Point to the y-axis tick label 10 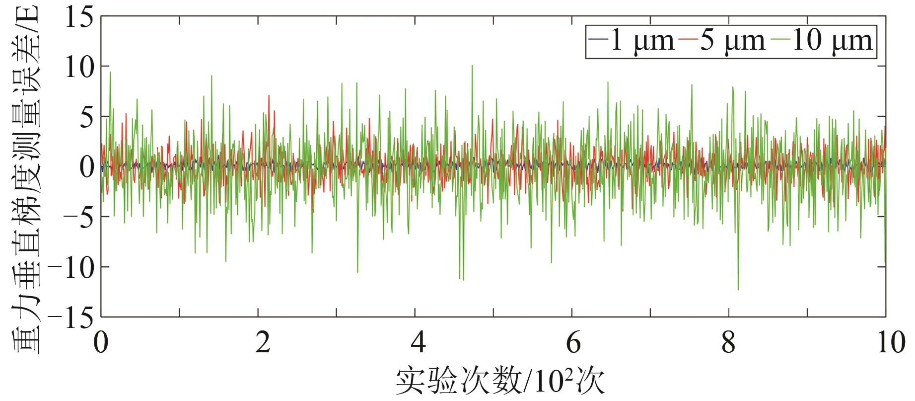(79, 67)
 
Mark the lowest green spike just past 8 (738, 289)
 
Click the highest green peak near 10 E (472, 65)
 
